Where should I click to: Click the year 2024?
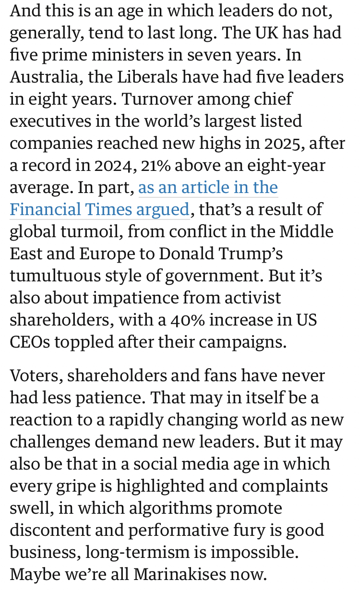100,165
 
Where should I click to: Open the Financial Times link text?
99,210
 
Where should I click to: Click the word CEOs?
29,342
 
